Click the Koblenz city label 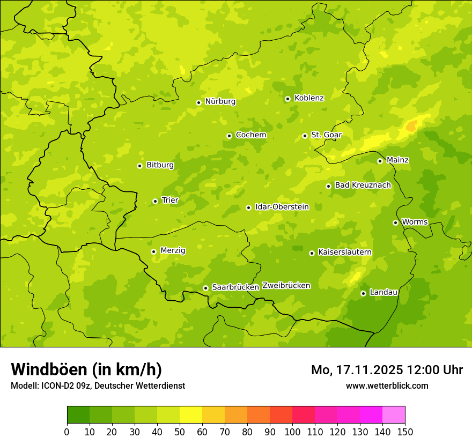point(309,98)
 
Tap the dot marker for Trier point(155,201)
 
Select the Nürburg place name point(220,101)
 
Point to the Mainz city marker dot point(380,161)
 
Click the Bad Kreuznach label point(363,186)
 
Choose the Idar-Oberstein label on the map point(282,207)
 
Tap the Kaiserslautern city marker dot point(312,253)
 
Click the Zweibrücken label point(286,286)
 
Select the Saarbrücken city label point(235,287)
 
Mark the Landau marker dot point(363,293)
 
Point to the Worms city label point(415,222)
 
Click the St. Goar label point(326,135)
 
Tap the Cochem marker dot point(229,136)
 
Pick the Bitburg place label point(160,165)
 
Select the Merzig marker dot point(153,251)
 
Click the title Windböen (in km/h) point(86,369)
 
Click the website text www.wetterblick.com point(387,385)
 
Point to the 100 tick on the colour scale point(292,432)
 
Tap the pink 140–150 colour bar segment point(394,415)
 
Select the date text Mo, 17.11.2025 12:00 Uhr point(387,370)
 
